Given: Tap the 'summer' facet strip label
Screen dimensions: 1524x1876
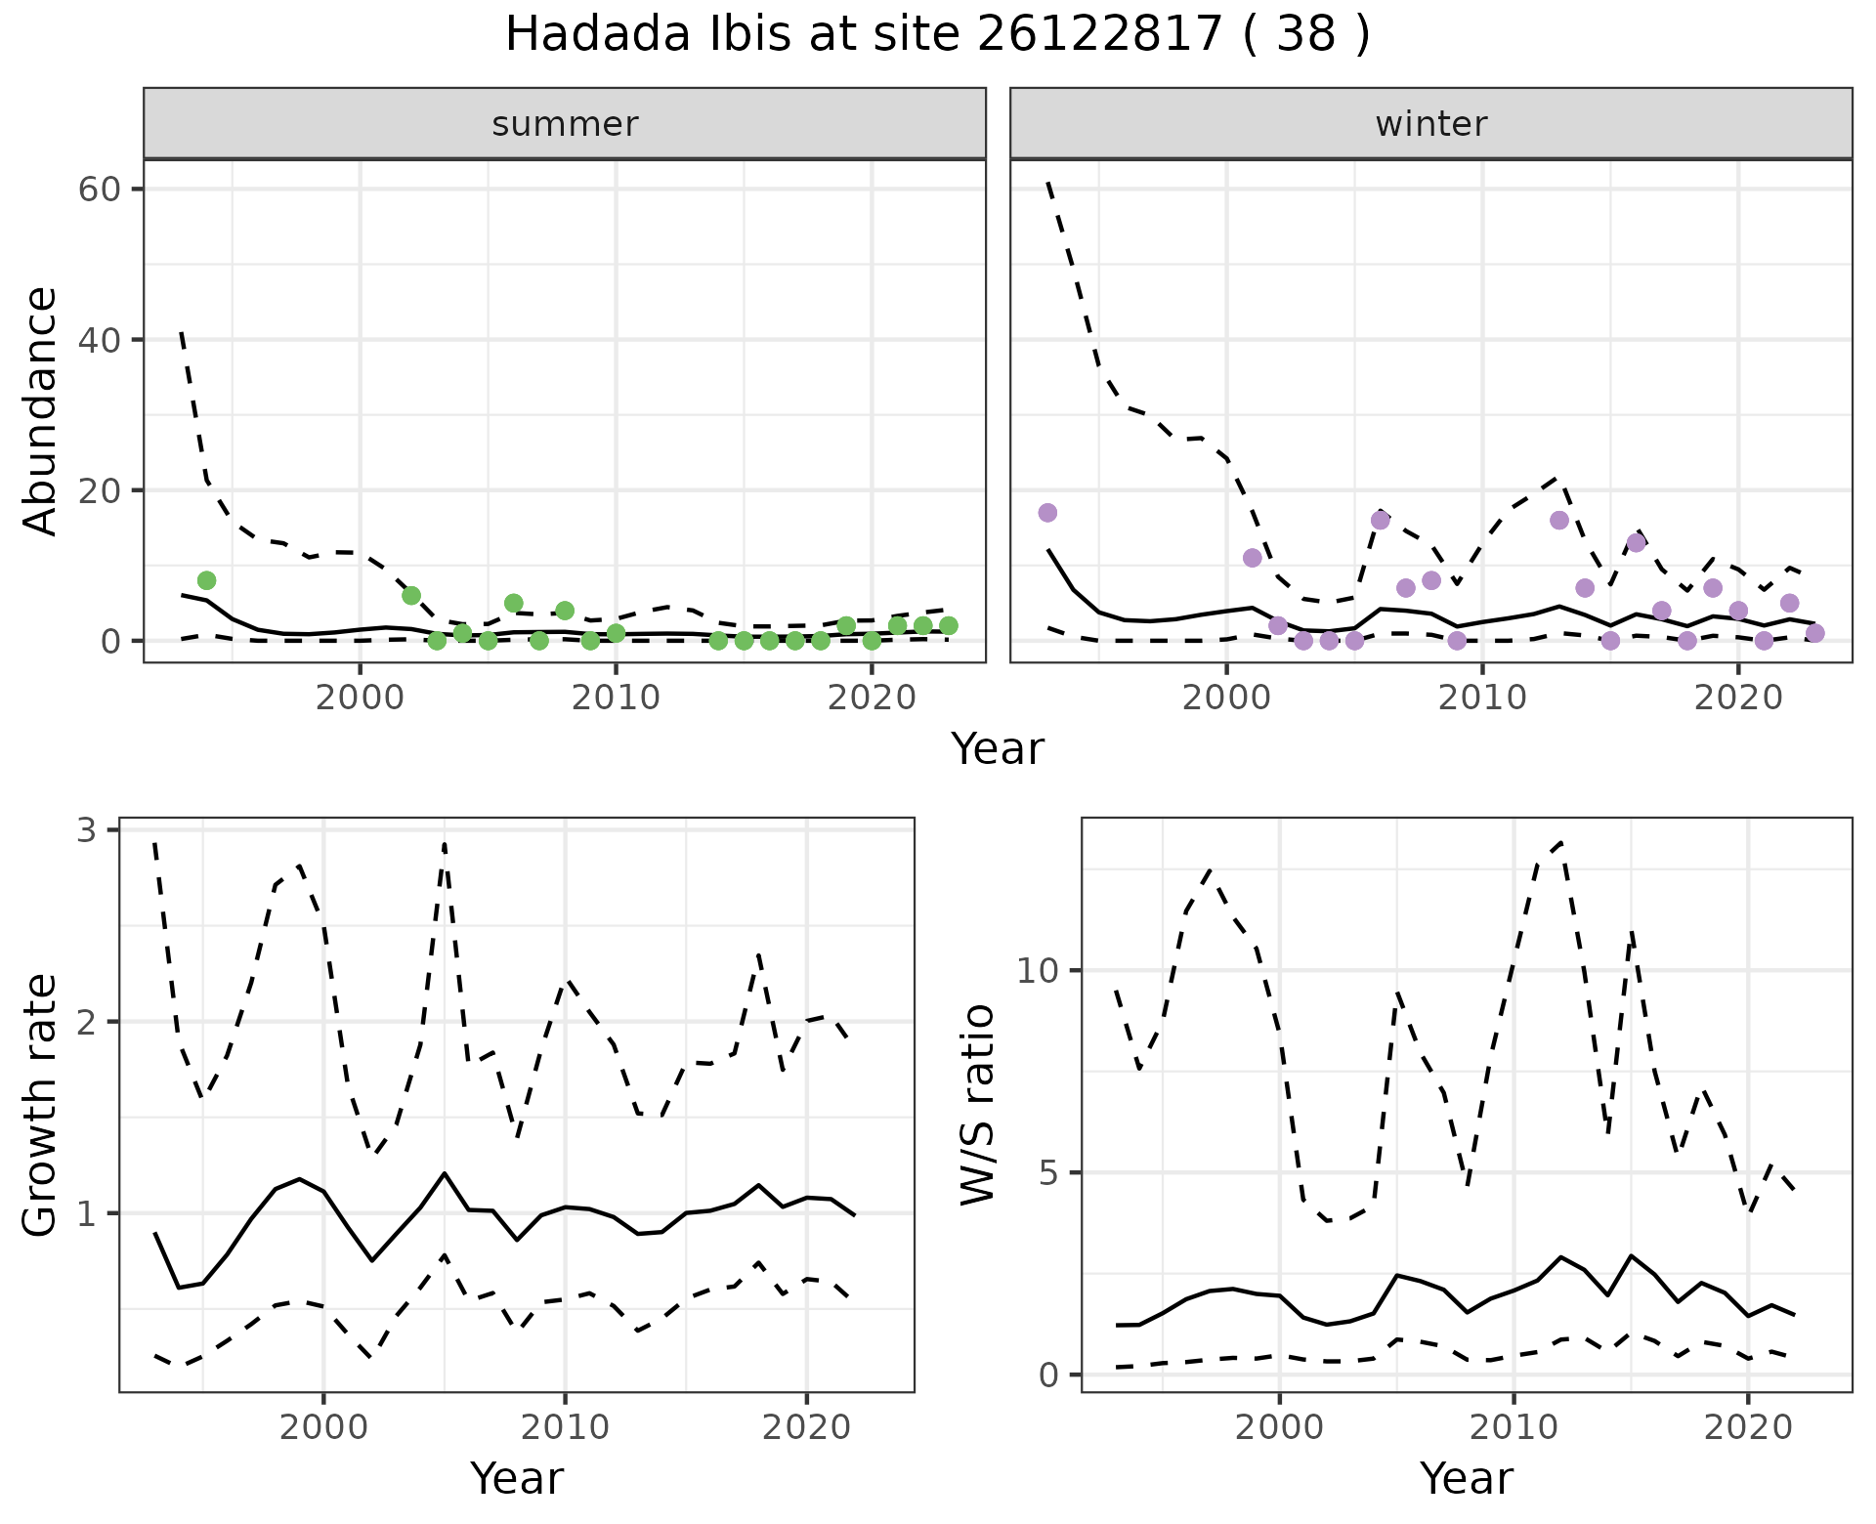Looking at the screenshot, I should [x=565, y=124].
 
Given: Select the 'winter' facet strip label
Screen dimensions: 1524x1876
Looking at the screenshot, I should [x=1430, y=124].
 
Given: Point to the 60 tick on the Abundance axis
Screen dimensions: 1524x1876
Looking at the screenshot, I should [x=99, y=189].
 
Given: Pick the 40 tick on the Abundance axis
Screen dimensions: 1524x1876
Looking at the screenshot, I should [x=99, y=340].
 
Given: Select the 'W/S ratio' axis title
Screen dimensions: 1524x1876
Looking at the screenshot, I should [x=978, y=1105].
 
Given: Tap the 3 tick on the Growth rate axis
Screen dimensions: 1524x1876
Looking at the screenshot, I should [x=87, y=830].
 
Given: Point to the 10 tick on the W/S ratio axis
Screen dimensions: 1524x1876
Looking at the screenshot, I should [x=1038, y=970].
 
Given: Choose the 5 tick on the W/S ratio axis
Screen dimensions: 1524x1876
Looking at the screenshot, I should [x=1049, y=1172].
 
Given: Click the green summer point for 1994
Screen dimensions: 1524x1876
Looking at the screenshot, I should [x=206, y=580].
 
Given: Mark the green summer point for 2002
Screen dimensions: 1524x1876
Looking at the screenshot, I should [x=411, y=596].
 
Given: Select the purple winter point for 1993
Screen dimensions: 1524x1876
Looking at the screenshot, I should [x=1047, y=513].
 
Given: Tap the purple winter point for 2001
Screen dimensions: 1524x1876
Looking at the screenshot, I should [x=1253, y=558].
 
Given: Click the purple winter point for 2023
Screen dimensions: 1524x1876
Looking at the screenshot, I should [x=1814, y=633].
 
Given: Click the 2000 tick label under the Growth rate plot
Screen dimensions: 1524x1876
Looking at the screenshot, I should [x=324, y=1427].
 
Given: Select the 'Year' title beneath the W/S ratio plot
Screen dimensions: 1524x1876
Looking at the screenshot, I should [x=1466, y=1478].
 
